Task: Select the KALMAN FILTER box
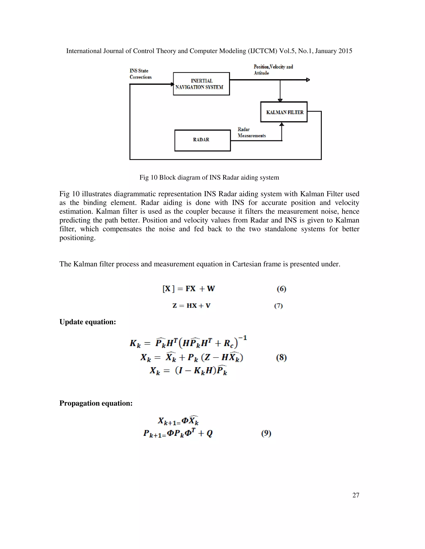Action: coord(284,112)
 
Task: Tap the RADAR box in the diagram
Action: coord(202,140)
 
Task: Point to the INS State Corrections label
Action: coord(140,74)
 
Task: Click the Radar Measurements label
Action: coord(251,132)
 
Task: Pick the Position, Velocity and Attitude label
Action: coord(273,70)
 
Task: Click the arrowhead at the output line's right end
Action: coord(308,80)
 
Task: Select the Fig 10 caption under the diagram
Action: coord(209,178)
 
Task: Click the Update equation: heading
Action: coord(88,322)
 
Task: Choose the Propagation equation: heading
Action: coord(96,403)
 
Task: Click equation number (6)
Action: coord(281,289)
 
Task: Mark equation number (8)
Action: coord(281,357)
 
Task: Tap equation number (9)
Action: coord(266,433)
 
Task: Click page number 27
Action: coord(356,495)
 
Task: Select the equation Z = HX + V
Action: coord(191,306)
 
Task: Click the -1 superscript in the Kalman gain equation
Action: coord(243,338)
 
